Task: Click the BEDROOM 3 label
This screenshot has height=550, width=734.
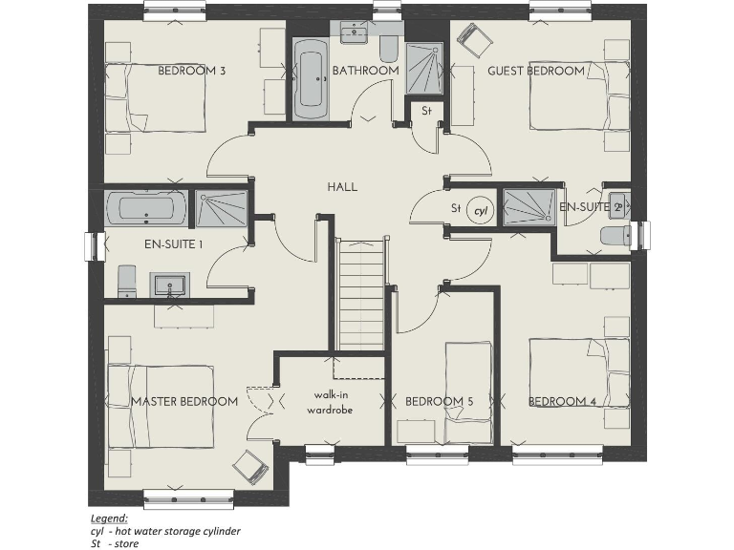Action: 192,71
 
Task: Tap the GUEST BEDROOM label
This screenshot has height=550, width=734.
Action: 535,71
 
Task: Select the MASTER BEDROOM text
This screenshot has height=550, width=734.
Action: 184,401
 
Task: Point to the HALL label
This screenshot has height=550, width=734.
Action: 342,186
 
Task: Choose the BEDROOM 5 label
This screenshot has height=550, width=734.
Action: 439,402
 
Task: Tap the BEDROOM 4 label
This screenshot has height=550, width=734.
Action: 563,402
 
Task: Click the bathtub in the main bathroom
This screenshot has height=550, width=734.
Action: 310,78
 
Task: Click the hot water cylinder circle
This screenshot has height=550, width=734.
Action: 481,210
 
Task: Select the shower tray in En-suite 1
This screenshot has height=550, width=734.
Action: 223,207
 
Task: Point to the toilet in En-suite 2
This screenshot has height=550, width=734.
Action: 614,236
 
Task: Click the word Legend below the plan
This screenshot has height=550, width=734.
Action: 108,517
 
